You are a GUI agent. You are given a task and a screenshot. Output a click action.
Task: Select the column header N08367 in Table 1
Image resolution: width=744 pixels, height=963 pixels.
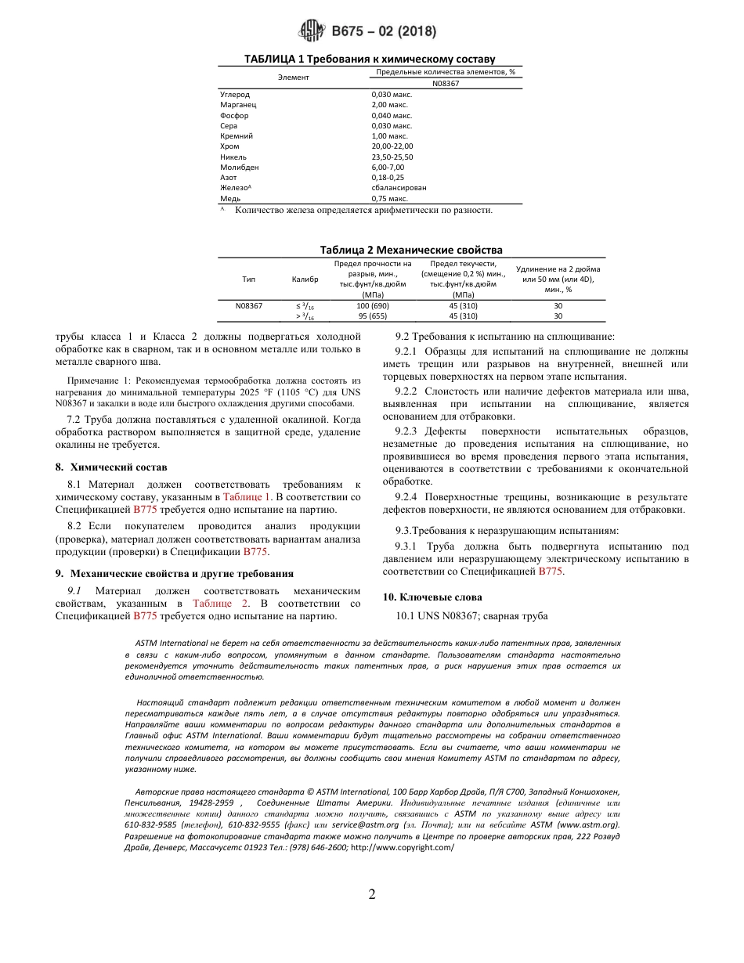coord(445,83)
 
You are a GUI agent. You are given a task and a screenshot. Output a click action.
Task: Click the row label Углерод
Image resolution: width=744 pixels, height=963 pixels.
coord(234,94)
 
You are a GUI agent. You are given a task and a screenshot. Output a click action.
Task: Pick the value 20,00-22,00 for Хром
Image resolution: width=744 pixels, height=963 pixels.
coord(392,146)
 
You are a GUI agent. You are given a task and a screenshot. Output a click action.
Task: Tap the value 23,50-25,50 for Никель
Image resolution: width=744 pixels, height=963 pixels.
coord(392,157)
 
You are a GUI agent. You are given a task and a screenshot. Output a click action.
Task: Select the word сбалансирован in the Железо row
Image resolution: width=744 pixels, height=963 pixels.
coord(399,188)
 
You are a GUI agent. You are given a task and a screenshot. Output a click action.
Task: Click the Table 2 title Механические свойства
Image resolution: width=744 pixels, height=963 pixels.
coord(411,250)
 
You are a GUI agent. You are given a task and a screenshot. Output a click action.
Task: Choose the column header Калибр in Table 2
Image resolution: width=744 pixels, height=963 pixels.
coord(305,278)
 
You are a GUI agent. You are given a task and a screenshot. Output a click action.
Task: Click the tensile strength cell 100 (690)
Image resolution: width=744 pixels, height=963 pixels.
coord(373,305)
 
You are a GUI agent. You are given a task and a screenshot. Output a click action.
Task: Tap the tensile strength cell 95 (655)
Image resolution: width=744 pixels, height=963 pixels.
coord(373,316)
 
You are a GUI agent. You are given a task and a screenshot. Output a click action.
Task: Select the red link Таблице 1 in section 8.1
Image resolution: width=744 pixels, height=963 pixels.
coord(247,496)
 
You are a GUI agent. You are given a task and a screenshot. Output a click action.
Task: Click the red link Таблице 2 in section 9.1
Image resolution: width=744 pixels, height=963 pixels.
coord(220,604)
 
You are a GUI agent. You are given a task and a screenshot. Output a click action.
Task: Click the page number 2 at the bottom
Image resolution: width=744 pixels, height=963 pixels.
coord(372,894)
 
